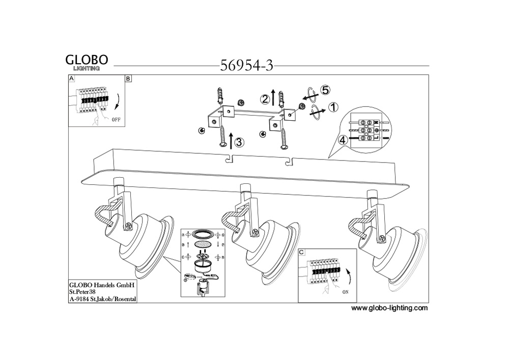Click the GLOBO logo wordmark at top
point(87,60)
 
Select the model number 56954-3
point(247,66)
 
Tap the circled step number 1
point(333,107)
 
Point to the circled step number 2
point(265,99)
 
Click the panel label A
point(71,79)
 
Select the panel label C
point(301,252)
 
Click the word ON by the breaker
point(346,293)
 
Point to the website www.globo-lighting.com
point(389,308)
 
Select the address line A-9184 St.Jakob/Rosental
point(102,299)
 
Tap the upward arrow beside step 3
point(232,138)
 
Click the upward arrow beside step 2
point(273,96)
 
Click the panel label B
point(128,79)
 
